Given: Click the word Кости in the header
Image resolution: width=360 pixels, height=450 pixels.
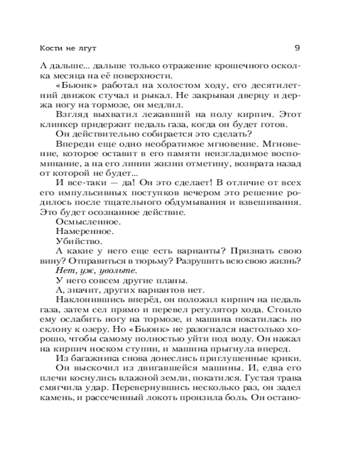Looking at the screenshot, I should click(x=50, y=47).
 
